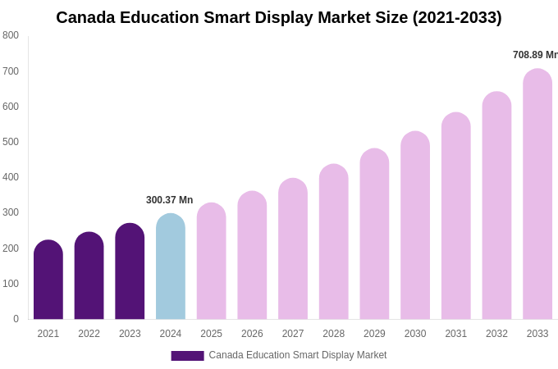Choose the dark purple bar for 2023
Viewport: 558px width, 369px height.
(x=130, y=271)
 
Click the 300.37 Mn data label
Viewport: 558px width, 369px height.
(x=169, y=200)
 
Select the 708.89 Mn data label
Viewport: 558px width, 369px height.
(x=535, y=55)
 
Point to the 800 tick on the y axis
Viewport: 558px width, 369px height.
(x=11, y=35)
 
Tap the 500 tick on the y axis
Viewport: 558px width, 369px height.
(x=11, y=142)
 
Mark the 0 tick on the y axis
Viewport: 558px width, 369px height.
(x=16, y=319)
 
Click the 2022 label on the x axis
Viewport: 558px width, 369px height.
(x=89, y=334)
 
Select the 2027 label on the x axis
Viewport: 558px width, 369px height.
(x=293, y=334)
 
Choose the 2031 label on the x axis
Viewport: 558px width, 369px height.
(x=456, y=334)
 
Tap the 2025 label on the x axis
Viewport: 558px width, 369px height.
(x=211, y=334)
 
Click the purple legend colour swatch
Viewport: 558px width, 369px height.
(x=187, y=356)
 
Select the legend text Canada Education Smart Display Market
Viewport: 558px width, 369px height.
(x=297, y=355)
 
